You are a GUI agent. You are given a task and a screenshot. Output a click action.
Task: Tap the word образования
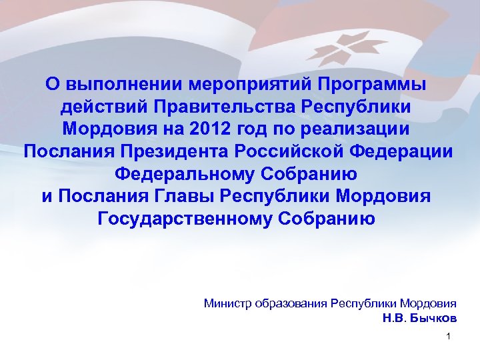coord(291,303)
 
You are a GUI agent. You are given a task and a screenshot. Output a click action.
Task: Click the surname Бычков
coord(433,317)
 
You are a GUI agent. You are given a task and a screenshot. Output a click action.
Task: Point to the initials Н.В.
coord(393,317)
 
